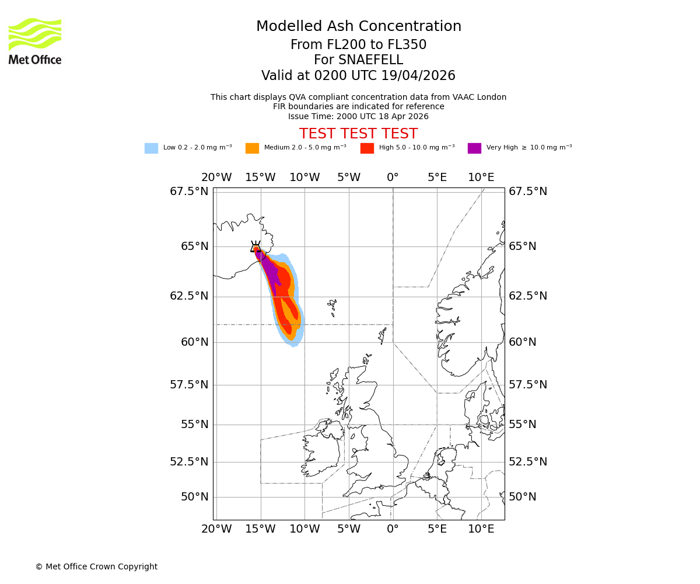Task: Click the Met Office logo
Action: coord(35,41)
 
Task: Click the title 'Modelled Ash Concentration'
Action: coord(358,27)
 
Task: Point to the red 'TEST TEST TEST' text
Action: coord(358,134)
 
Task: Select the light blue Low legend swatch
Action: coord(151,148)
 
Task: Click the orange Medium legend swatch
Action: coord(252,148)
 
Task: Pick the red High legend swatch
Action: coord(367,148)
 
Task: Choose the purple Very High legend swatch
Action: coord(474,148)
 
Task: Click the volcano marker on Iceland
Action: coord(256,247)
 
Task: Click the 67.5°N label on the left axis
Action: coord(189,192)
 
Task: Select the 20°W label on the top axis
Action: coord(216,178)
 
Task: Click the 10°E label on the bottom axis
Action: coord(481,529)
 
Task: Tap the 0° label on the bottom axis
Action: coord(393,529)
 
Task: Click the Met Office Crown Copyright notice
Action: coord(96,566)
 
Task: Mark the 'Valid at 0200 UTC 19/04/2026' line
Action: coord(358,76)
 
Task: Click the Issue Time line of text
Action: coord(358,116)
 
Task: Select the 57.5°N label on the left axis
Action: coord(189,384)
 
